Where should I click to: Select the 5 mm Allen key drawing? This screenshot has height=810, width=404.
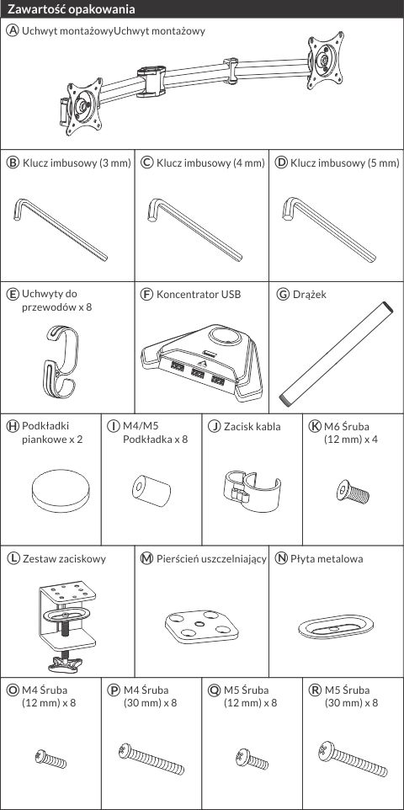point(328,229)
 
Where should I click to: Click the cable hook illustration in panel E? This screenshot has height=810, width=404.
point(61,362)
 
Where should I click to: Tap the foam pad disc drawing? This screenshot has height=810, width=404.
point(61,493)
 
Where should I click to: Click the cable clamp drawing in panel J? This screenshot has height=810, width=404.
point(252,490)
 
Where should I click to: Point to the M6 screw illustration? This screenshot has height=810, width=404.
point(353,491)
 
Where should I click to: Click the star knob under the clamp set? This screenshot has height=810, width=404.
point(65,665)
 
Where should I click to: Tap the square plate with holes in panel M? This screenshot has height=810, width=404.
point(202,626)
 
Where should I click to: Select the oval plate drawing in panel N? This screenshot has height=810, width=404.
point(336,626)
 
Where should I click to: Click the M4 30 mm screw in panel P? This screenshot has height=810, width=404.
point(151,759)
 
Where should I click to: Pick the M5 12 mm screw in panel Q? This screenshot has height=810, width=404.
point(252,758)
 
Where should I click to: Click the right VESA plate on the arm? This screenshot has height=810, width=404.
point(326,61)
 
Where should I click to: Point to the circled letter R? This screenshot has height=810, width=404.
point(313,690)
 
